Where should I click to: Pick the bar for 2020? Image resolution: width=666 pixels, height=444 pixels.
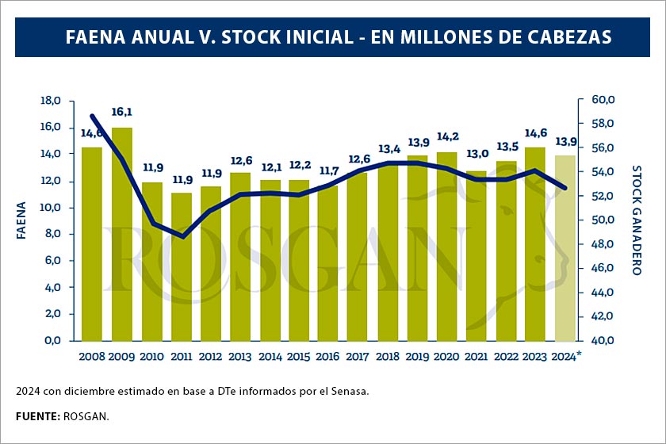tap(447, 246)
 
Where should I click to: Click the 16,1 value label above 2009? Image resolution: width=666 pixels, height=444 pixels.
tap(121, 113)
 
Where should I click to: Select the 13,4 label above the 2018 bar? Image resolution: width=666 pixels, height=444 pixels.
tap(388, 148)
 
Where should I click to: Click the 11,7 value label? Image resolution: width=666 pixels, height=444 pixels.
tap(329, 170)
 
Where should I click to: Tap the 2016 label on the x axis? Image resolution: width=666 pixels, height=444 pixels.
tap(327, 356)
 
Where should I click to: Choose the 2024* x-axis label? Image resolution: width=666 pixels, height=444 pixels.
tap(566, 356)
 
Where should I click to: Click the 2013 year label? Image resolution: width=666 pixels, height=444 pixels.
tap(239, 356)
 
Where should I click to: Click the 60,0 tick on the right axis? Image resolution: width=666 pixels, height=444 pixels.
tap(603, 100)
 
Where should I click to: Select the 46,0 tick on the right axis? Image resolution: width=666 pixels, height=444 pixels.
tap(603, 269)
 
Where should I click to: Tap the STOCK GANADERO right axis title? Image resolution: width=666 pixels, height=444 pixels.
tap(636, 220)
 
